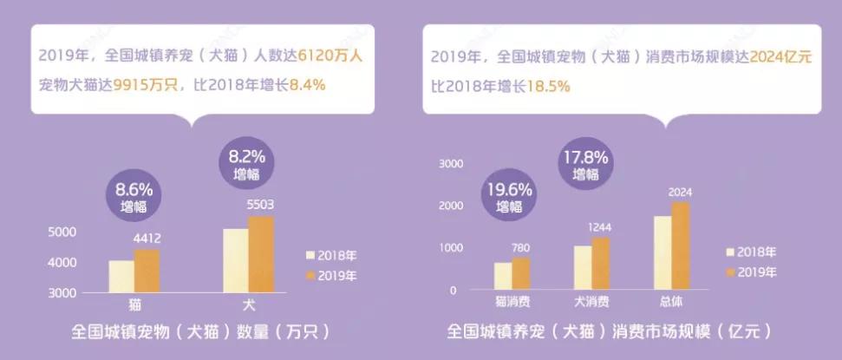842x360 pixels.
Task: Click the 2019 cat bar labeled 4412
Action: click(x=147, y=271)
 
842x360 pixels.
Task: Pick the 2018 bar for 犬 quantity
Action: click(x=235, y=260)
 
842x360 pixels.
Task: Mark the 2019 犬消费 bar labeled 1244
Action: click(x=600, y=262)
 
